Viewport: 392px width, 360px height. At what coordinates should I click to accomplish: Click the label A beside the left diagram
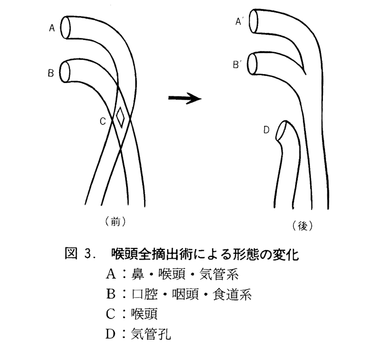point(52,28)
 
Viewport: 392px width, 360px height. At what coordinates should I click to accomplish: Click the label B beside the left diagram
point(51,73)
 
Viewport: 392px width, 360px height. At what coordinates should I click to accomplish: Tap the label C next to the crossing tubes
point(103,121)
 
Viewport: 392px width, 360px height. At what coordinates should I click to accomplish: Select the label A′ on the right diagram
point(239,21)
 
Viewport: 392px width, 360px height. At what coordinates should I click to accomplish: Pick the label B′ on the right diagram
point(237,64)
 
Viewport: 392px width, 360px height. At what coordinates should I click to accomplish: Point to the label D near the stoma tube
point(267,130)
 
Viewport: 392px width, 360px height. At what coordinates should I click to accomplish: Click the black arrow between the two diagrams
point(185,98)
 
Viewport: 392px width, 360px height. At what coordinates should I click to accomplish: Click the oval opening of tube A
point(66,27)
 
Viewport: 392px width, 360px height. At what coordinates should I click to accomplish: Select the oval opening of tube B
point(65,72)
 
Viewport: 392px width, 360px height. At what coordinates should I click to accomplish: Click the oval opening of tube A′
point(253,21)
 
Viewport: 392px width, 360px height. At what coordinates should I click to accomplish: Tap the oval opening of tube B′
point(252,63)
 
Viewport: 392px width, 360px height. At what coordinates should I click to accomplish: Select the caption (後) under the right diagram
point(303,226)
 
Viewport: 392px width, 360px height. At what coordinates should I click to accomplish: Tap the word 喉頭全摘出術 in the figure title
point(154,254)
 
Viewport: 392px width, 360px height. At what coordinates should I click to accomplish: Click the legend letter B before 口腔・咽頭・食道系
point(111,294)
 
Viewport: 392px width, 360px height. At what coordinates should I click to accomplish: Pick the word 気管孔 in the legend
point(151,334)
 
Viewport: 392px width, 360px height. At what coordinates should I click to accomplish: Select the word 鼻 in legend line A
point(138,274)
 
